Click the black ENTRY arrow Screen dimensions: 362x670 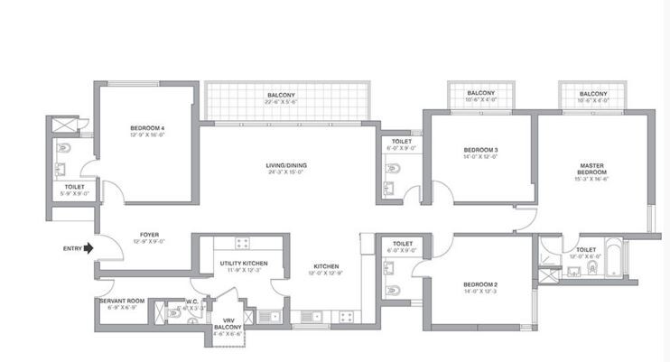click(88, 249)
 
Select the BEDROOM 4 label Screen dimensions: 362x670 click(147, 129)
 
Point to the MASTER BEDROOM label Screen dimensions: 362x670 click(592, 168)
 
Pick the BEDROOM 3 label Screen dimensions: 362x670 click(481, 150)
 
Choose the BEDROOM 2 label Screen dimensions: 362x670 click(481, 284)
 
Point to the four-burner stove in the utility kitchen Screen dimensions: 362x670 click(242, 243)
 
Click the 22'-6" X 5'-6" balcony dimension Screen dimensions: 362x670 click(281, 103)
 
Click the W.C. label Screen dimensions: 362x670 click(192, 302)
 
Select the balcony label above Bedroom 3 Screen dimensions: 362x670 click(480, 94)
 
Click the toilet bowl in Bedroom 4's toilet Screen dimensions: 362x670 click(64, 147)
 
